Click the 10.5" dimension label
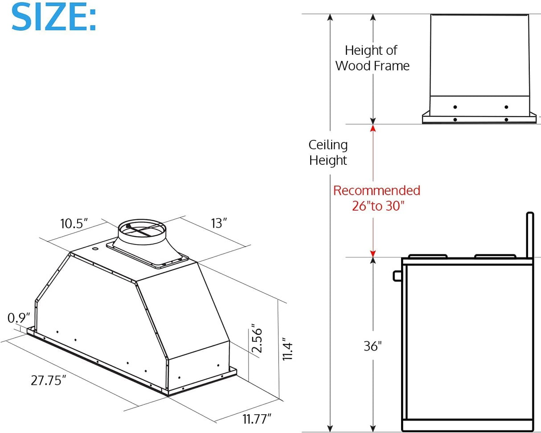(74, 223)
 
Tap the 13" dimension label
(219, 223)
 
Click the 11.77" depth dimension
(257, 419)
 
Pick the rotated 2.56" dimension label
(256, 339)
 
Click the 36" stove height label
(373, 346)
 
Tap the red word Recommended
(377, 191)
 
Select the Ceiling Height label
(328, 152)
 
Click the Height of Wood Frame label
(372, 58)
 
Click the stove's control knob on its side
(397, 276)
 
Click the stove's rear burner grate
(495, 256)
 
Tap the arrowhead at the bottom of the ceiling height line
(330, 428)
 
